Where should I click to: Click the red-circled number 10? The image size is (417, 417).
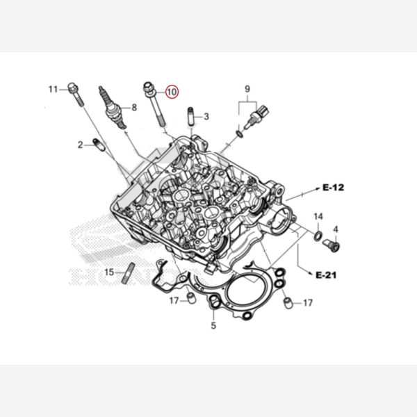click(x=172, y=92)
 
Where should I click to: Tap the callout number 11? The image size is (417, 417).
click(x=54, y=90)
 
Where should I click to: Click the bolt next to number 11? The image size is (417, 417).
click(x=76, y=94)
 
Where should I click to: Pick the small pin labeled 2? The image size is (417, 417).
click(x=99, y=145)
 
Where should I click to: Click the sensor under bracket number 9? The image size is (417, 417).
click(x=256, y=117)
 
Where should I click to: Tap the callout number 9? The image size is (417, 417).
click(x=247, y=89)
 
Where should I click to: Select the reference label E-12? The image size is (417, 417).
click(x=333, y=188)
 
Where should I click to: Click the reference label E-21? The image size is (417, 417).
click(x=326, y=275)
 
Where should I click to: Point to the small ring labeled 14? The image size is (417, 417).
click(x=318, y=236)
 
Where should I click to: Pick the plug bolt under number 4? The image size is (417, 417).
click(x=332, y=245)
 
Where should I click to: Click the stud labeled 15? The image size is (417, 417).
click(x=129, y=273)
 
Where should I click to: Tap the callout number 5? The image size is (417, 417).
click(x=213, y=325)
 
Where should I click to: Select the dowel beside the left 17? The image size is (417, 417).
click(x=192, y=297)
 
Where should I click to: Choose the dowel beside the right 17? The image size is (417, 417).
click(x=288, y=303)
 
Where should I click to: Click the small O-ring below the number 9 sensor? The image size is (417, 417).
click(x=240, y=133)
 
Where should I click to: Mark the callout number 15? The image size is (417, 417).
click(x=109, y=272)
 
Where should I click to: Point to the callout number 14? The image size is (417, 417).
click(x=318, y=216)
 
